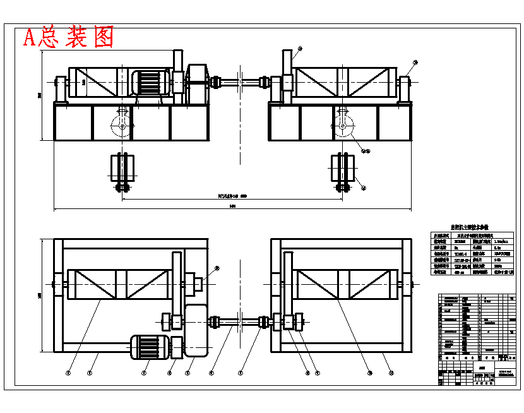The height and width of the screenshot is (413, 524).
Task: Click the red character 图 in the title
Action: [103, 38]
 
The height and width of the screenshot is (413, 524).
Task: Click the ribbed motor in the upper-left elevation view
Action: [149, 83]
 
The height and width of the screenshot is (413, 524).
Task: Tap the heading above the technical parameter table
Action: [472, 227]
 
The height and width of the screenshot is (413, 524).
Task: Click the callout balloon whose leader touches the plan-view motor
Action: [144, 373]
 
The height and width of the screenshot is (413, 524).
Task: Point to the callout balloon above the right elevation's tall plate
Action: [300, 49]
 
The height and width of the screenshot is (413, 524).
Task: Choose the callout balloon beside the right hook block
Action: [362, 188]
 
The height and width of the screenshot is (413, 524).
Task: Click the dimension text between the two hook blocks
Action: [231, 197]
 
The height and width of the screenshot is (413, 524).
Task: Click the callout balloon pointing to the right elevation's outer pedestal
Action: [415, 62]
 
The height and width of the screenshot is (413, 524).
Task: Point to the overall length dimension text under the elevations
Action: [232, 206]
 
